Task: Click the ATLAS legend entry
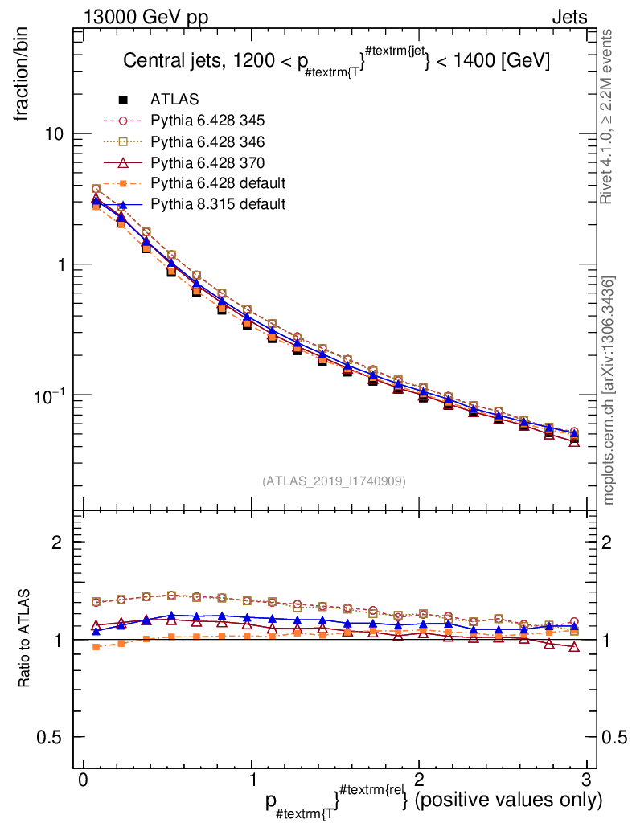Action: [173, 100]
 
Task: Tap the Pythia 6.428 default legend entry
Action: [217, 183]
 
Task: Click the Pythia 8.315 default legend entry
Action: [217, 204]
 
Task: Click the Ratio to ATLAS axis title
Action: [25, 639]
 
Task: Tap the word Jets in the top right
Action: [568, 18]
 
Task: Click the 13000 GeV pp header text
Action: [146, 18]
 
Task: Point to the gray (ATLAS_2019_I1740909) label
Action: [334, 481]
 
